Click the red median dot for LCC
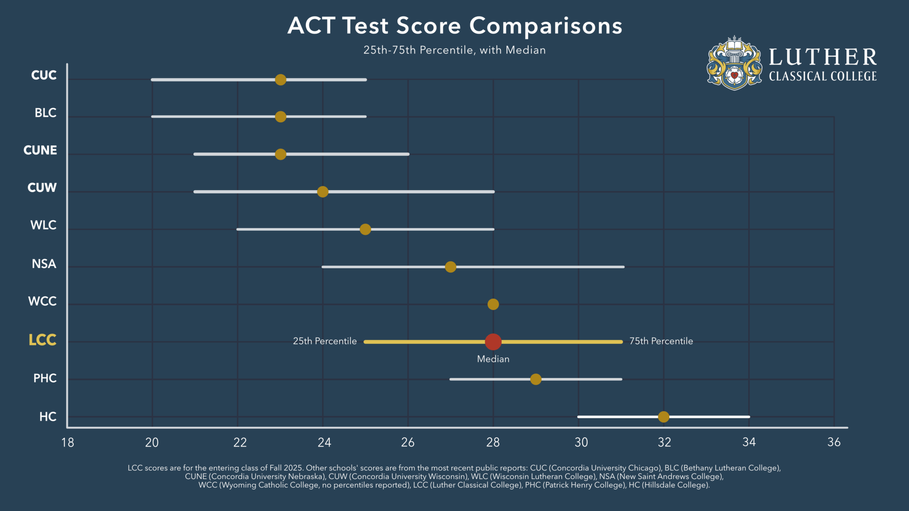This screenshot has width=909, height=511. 493,342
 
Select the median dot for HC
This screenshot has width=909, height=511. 664,417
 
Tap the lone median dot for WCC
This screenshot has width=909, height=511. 493,304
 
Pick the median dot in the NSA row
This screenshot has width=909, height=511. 451,267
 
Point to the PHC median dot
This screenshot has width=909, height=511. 536,379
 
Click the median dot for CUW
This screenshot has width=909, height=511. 323,192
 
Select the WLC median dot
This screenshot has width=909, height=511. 365,229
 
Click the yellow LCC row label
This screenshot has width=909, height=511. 42,340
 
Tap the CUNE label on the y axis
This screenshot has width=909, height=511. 40,150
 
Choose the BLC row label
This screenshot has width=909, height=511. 45,113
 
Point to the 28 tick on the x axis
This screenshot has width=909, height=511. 493,442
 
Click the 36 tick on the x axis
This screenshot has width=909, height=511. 834,442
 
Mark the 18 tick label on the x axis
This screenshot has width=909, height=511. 67,442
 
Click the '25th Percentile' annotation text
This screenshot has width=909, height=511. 324,341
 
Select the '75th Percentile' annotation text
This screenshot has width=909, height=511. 661,341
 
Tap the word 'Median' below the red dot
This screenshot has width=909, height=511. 493,359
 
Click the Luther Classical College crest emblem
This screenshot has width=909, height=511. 735,63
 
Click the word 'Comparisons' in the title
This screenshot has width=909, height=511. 545,26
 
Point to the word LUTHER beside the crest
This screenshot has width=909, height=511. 822,57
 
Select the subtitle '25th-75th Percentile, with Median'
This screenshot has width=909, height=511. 454,50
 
